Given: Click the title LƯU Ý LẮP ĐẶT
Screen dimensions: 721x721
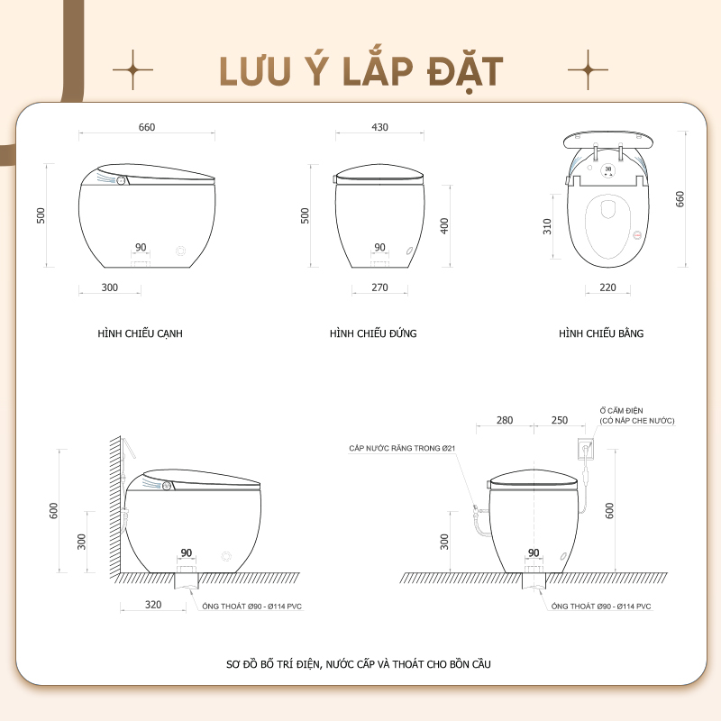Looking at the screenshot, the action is point(361,72).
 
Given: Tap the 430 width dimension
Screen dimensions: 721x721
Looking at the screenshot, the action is point(379,127).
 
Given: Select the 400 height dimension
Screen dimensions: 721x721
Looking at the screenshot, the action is point(444,226).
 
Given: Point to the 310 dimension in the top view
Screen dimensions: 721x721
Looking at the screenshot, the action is point(547,227).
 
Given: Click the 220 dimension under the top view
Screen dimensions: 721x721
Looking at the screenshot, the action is point(607,287).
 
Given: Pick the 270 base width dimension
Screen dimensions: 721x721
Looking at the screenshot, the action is point(379,287).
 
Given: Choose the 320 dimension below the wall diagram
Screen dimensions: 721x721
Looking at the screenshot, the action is point(153,605).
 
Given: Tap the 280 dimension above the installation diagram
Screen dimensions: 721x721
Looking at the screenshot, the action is point(505,420).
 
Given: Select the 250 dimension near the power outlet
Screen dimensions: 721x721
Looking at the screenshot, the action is point(560,420).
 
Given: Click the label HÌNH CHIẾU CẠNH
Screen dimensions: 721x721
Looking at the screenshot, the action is point(140,333).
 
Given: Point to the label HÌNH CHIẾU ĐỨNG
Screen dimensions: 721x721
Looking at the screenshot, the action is point(373,333).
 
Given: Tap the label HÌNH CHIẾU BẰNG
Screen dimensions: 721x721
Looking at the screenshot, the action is point(601,333).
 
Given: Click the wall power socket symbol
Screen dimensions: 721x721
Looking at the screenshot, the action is point(585,448).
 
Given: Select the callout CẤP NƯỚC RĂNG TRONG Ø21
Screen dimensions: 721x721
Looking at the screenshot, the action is point(402,448).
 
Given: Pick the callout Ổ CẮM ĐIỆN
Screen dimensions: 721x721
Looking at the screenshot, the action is point(621,411).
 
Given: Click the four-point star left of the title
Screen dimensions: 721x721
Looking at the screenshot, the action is point(132,70).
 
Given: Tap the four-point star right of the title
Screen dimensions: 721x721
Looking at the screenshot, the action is point(588,70).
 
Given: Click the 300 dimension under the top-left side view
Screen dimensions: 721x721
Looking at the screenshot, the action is point(109,287).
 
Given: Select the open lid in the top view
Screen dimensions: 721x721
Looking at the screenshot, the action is point(607,140).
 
